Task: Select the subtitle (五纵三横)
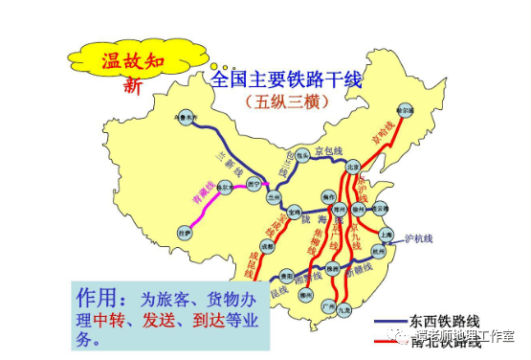(x=287, y=100)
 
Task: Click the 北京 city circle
(x=353, y=166)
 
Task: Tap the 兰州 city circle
(x=276, y=195)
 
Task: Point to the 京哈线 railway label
(x=383, y=134)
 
